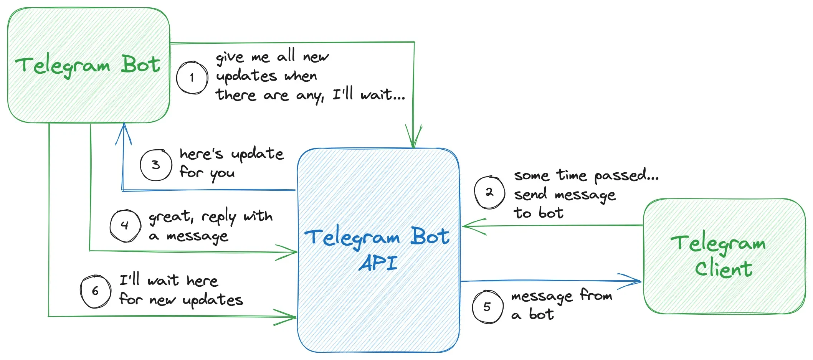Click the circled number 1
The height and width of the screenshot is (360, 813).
pyautogui.click(x=192, y=78)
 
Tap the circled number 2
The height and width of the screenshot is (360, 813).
pyautogui.click(x=489, y=192)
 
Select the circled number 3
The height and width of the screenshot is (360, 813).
pyautogui.click(x=155, y=165)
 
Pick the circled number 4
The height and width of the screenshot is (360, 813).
pyautogui.click(x=125, y=225)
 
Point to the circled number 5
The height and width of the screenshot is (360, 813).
pyautogui.click(x=487, y=307)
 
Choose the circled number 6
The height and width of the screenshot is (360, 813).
pyautogui.click(x=95, y=291)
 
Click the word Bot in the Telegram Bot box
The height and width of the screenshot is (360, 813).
pyautogui.click(x=140, y=64)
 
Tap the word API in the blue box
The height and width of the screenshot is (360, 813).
pyautogui.click(x=378, y=263)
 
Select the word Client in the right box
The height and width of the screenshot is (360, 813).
pyautogui.click(x=724, y=269)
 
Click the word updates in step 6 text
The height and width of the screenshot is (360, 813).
pyautogui.click(x=213, y=300)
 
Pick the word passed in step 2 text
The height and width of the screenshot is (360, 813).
pyautogui.click(x=626, y=176)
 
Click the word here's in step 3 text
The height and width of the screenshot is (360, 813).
pyautogui.click(x=201, y=154)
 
